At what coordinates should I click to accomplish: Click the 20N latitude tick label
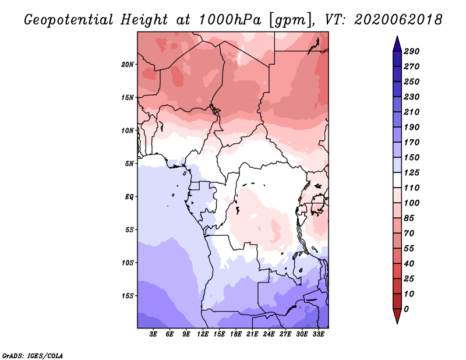pyautogui.click(x=128, y=65)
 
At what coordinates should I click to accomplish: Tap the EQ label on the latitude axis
pyautogui.click(x=129, y=197)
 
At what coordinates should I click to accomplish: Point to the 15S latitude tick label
pyautogui.click(x=128, y=296)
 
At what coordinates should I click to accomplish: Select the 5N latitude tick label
pyautogui.click(x=129, y=164)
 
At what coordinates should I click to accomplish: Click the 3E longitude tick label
pyautogui.click(x=153, y=334)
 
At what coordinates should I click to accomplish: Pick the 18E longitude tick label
pyautogui.click(x=236, y=334)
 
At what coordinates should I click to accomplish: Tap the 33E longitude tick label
pyautogui.click(x=318, y=334)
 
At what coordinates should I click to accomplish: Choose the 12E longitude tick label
pyautogui.click(x=203, y=334)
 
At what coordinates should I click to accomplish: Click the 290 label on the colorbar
pyautogui.click(x=412, y=51)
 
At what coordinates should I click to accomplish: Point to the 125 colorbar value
pyautogui.click(x=412, y=172)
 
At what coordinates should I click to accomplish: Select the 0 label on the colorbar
pyautogui.click(x=406, y=309)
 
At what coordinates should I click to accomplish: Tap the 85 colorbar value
pyautogui.click(x=409, y=218)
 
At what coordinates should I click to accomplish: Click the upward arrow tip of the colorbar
pyautogui.click(x=397, y=37)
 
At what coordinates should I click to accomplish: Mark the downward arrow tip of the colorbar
pyautogui.click(x=397, y=323)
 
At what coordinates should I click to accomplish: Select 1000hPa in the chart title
pyautogui.click(x=230, y=20)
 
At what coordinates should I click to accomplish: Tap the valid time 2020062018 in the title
pyautogui.click(x=398, y=20)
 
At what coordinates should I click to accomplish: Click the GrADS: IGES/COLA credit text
pyautogui.click(x=33, y=356)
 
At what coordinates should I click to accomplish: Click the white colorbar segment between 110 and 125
pyautogui.click(x=397, y=180)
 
